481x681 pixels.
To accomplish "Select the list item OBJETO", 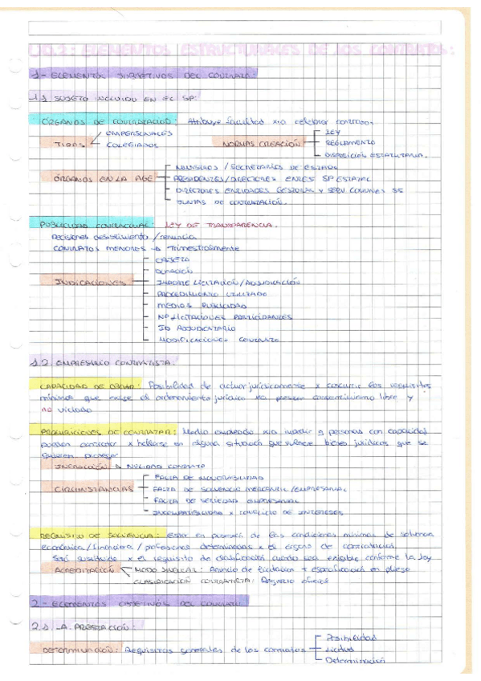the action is point(167,259).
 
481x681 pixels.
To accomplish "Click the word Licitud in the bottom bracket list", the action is point(347,648).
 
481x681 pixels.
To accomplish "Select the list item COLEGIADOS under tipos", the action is point(131,145).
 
